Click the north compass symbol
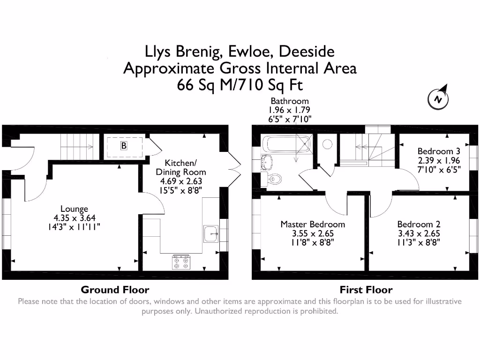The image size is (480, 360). [439, 98]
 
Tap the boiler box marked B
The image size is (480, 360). [124, 146]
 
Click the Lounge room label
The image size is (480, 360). [74, 209]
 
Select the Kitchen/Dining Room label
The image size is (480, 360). [180, 167]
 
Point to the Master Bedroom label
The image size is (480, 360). [313, 224]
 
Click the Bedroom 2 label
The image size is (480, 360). [419, 224]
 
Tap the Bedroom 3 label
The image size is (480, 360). [439, 151]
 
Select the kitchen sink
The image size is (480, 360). [210, 233]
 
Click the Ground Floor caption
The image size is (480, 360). [115, 289]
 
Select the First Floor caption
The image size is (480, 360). [366, 289]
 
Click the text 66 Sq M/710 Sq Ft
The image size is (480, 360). [240, 85]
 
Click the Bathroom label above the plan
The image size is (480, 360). [289, 101]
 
